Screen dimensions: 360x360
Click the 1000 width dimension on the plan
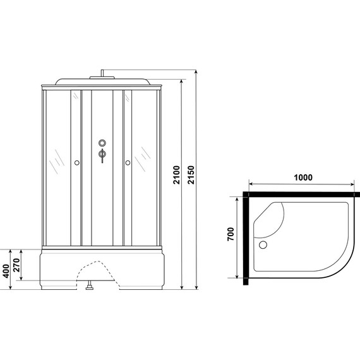(303, 177)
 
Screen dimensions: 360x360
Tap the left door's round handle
(76, 163)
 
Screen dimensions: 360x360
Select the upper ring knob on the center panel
(101, 143)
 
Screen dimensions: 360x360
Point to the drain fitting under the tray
(91, 289)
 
